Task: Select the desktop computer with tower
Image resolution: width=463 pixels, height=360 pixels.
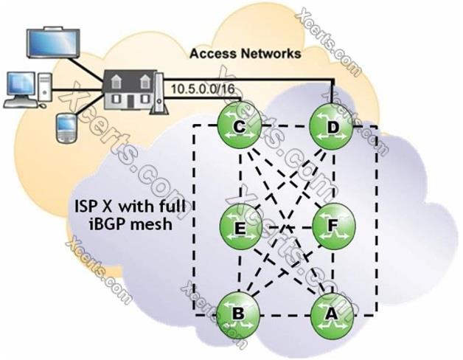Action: click(x=28, y=87)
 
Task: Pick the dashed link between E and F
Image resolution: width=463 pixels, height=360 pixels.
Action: click(x=285, y=224)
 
